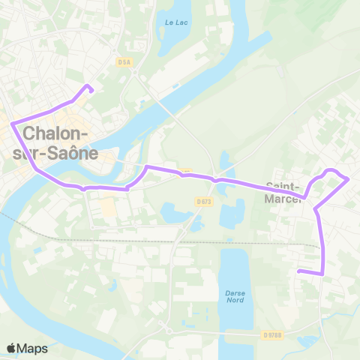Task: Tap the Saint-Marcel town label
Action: (x=283, y=193)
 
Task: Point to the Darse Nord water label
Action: (x=235, y=296)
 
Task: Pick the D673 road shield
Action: (x=203, y=202)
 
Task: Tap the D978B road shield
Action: (x=271, y=335)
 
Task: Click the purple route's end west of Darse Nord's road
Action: (x=298, y=271)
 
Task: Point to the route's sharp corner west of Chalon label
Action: (x=11, y=124)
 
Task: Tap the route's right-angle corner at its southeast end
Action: (x=323, y=274)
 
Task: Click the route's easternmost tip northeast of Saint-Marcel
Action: (x=349, y=178)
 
